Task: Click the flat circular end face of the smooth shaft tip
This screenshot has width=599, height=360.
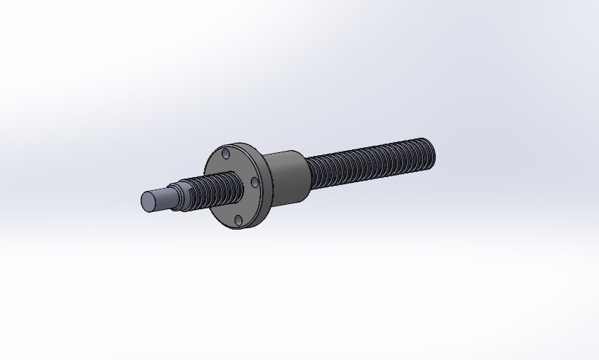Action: tap(148, 202)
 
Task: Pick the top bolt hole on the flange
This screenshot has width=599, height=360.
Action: tap(225, 154)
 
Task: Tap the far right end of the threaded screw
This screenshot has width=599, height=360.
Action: tap(431, 150)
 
